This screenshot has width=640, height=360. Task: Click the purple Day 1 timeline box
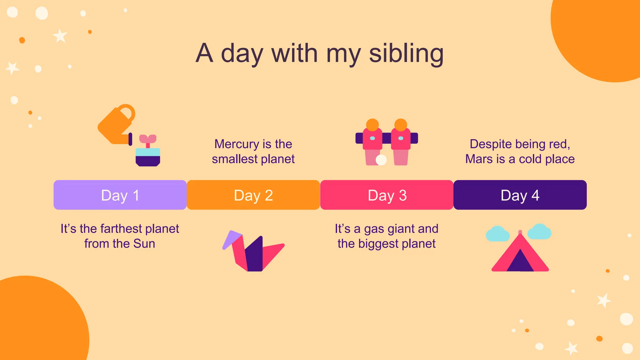click(120, 195)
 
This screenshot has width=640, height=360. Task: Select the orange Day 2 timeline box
click(253, 195)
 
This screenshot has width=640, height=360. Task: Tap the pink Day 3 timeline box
click(387, 195)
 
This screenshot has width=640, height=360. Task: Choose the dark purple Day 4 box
click(520, 195)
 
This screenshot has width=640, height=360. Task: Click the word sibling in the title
click(406, 54)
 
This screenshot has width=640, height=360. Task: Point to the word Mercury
click(237, 144)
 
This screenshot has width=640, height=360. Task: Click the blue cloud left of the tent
click(497, 234)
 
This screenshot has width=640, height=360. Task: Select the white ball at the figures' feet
click(381, 160)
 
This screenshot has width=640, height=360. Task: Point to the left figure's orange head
click(372, 125)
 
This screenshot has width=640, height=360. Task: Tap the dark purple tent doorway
click(520, 262)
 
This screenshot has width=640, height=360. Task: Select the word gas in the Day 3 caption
click(374, 229)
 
